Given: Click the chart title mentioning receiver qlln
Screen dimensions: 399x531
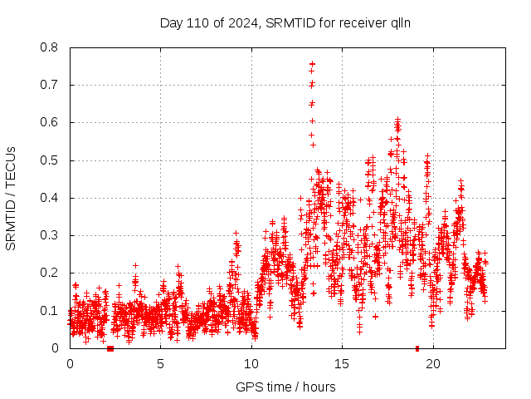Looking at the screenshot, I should (x=285, y=22).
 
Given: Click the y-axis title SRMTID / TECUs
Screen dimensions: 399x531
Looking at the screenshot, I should (x=12, y=198).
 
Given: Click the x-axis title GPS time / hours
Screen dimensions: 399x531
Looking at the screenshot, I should (x=285, y=387).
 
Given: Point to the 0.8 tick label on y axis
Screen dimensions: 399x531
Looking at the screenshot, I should (x=51, y=47).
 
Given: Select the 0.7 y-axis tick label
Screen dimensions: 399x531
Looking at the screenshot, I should (x=51, y=85).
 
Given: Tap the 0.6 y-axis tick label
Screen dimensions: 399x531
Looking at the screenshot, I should (x=51, y=122).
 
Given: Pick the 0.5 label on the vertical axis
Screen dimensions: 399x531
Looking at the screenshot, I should (x=51, y=160).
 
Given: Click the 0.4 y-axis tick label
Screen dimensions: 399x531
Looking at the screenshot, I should (x=51, y=198).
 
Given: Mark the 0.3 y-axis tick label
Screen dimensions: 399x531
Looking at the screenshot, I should (x=51, y=235).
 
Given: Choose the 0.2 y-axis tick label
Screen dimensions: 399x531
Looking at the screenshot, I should (x=51, y=273).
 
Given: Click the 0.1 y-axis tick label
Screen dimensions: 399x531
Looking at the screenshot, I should (x=51, y=311).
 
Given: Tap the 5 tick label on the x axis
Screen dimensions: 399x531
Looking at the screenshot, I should (x=161, y=363).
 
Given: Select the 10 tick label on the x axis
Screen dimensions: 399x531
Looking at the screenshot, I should (x=251, y=363).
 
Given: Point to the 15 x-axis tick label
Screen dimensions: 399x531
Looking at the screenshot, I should (x=343, y=363).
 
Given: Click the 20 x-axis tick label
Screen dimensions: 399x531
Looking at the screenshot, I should (x=433, y=363).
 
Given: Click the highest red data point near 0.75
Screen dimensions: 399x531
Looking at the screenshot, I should (x=312, y=63).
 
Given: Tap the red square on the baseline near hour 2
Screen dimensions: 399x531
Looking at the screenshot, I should (x=110, y=348).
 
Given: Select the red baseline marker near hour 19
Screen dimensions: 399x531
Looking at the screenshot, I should (x=417, y=348).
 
